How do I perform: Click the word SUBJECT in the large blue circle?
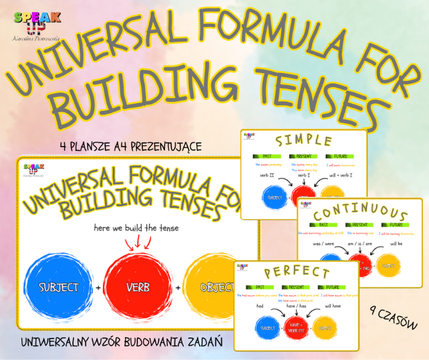(59, 287)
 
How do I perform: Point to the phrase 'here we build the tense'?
(135, 228)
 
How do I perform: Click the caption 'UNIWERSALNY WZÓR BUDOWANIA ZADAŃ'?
(121, 340)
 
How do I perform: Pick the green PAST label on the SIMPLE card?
(264, 156)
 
